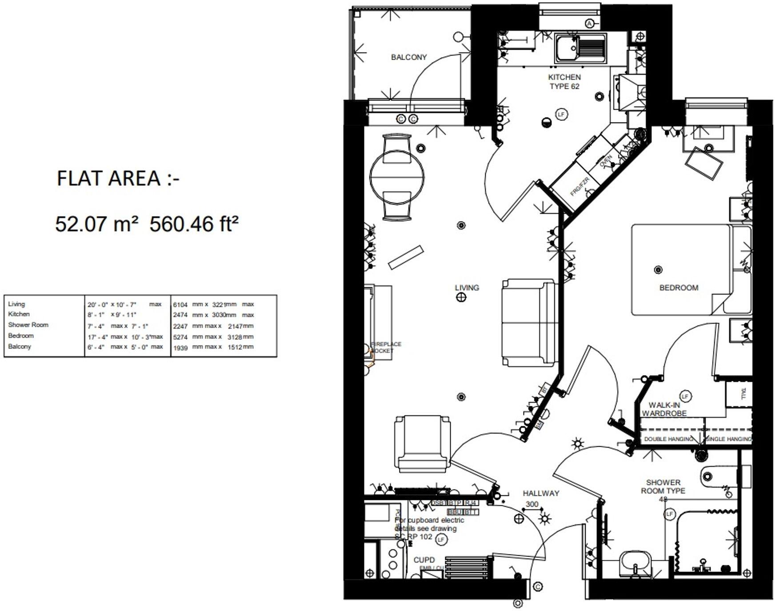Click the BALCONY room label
pyautogui.click(x=408, y=57)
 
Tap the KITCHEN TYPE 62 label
pyautogui.click(x=564, y=82)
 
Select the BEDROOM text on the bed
pyautogui.click(x=679, y=288)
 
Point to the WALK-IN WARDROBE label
pyautogui.click(x=664, y=409)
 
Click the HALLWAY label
pyautogui.click(x=541, y=493)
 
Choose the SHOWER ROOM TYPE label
pyautogui.click(x=663, y=487)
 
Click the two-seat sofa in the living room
pyautogui.click(x=529, y=323)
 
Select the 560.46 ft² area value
pyautogui.click(x=194, y=224)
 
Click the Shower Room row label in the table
pyautogui.click(x=28, y=325)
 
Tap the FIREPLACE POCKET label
pyautogui.click(x=386, y=347)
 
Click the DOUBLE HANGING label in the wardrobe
pyautogui.click(x=668, y=439)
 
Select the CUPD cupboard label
pyautogui.click(x=424, y=560)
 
